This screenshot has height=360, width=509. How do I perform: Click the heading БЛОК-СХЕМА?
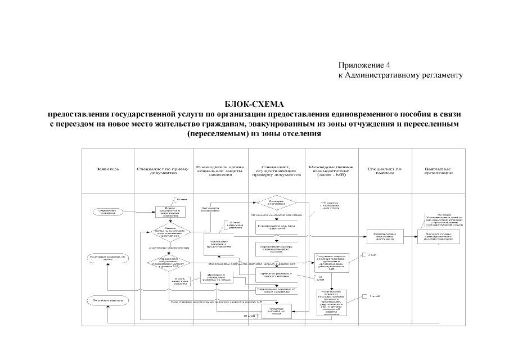(255, 103)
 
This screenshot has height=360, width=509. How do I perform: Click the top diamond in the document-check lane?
(276, 202)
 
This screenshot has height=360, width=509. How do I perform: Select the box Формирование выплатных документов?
(385, 237)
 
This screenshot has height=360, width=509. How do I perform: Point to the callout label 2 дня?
(369, 255)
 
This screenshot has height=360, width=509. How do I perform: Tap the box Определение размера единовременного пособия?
(276, 248)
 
